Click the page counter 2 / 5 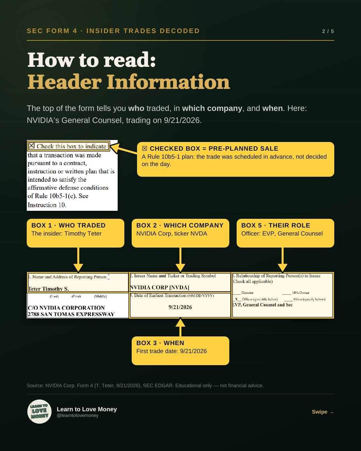point(328,31)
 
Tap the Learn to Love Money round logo point(39,411)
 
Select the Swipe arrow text point(323,412)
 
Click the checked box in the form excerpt point(31,145)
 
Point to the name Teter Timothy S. point(48,289)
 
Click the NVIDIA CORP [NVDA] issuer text point(159,287)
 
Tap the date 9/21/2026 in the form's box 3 point(180,307)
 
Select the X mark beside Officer point(236,299)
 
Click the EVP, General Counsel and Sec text point(262,305)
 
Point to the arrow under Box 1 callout point(78,260)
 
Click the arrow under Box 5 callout point(282,260)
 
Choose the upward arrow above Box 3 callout point(180,327)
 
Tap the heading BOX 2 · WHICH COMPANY point(180,225)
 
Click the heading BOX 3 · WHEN point(160,343)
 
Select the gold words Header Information point(129,82)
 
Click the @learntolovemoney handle point(78,415)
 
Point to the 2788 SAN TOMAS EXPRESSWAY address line point(71,314)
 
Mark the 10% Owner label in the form point(300,293)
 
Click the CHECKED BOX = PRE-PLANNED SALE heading point(214,148)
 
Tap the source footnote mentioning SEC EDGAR point(145,386)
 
